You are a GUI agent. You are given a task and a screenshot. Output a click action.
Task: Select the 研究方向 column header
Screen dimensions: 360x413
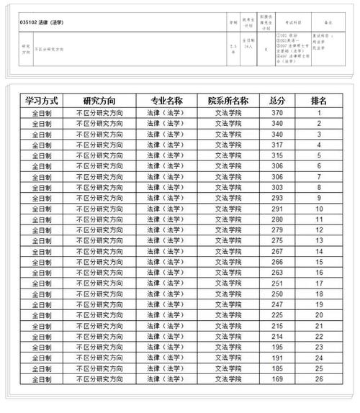click(99, 101)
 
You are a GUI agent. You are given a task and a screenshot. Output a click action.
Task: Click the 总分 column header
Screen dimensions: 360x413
click(277, 101)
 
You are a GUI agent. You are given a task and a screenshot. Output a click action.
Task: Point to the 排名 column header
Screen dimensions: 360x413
click(318, 101)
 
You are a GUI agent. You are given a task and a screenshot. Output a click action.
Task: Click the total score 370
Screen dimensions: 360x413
click(277, 113)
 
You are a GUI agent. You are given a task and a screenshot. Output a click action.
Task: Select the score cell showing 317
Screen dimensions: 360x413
click(277, 145)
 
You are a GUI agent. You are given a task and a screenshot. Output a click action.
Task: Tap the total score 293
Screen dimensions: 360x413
click(277, 198)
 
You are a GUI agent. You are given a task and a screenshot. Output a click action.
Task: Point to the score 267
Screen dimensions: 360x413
click(277, 251)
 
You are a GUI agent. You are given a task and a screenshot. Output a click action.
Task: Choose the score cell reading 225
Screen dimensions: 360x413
click(277, 314)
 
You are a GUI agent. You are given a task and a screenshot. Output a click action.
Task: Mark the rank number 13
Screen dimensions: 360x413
click(318, 240)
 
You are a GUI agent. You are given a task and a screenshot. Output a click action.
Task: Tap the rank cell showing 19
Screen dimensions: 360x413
click(318, 304)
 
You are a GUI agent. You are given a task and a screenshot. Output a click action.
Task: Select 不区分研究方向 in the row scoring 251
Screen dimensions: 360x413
click(99, 283)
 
